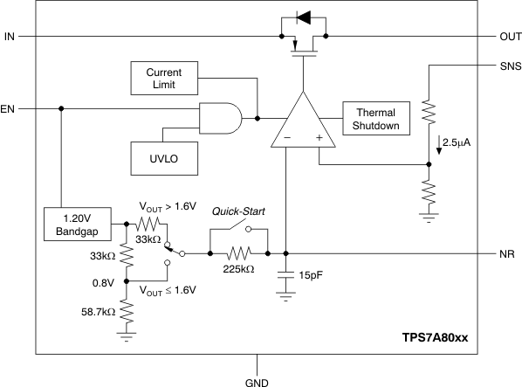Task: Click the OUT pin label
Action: [x=510, y=37]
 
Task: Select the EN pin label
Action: [x=9, y=109]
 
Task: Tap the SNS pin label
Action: [x=509, y=66]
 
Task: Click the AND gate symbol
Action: [x=220, y=118]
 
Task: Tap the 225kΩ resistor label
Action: [x=238, y=270]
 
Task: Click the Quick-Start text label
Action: [x=238, y=211]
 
